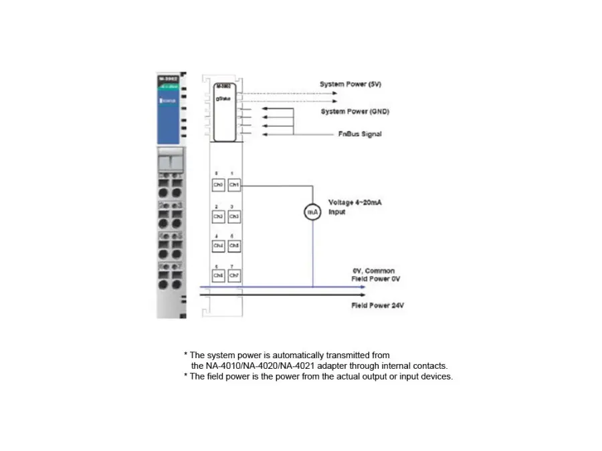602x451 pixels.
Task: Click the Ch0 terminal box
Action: tap(218, 184)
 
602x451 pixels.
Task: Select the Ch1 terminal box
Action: tap(234, 184)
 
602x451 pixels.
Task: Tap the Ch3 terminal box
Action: tap(234, 216)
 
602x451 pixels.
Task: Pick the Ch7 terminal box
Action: tap(234, 275)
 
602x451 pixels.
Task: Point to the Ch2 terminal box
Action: tap(218, 216)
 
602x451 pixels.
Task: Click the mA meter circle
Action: tap(312, 212)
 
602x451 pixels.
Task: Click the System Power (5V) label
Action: tap(350, 84)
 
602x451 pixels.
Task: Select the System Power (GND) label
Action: tap(355, 111)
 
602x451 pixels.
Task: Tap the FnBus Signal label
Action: tap(360, 134)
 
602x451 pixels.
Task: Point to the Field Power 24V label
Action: tap(377, 305)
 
